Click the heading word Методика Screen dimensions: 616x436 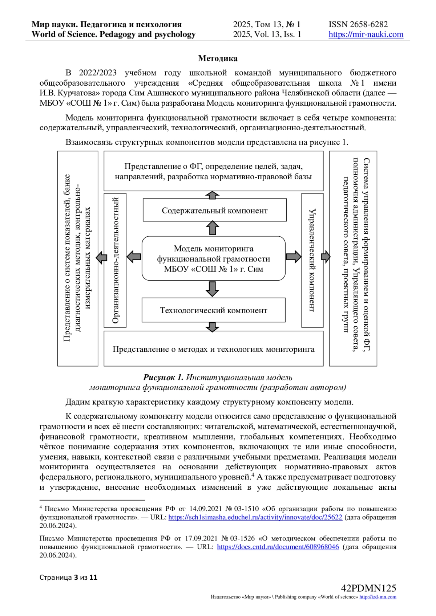[x=218, y=58]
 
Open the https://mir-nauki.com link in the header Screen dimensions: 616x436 [x=366, y=34]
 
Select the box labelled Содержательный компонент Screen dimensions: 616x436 [x=214, y=211]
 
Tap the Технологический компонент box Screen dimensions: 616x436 [x=213, y=310]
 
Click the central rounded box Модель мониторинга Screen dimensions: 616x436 [x=213, y=258]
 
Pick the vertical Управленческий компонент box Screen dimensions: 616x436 [x=312, y=260]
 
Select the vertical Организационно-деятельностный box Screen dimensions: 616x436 [x=115, y=260]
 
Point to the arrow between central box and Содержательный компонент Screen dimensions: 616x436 [x=213, y=228]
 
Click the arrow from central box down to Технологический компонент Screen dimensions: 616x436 [x=213, y=289]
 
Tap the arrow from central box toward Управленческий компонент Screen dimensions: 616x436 [x=293, y=257]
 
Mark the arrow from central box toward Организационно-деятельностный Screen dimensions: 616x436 [x=134, y=257]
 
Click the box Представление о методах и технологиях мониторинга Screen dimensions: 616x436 [x=213, y=349]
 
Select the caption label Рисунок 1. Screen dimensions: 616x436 [x=163, y=378]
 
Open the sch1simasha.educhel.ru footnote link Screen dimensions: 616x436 [x=255, y=517]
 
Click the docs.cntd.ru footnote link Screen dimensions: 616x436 [x=278, y=547]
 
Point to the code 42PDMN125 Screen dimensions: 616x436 [x=368, y=588]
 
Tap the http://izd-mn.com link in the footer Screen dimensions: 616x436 [x=378, y=597]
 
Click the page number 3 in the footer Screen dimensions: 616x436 [x=76, y=578]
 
